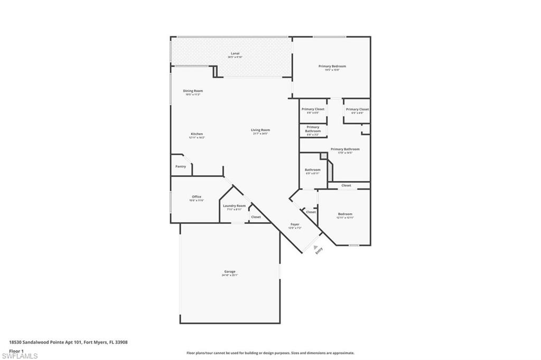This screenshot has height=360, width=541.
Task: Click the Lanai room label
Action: [235, 53]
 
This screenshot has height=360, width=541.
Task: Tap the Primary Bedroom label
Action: [332, 66]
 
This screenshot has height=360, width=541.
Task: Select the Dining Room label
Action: [193, 91]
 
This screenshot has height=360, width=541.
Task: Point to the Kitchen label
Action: [197, 134]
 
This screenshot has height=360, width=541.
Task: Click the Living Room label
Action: [261, 130]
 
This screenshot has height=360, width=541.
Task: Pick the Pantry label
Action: [181, 166]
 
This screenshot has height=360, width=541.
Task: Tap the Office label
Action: [197, 197]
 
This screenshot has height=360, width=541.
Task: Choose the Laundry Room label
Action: [234, 206]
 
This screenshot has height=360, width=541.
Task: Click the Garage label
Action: [230, 271]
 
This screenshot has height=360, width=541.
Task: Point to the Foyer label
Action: [295, 224]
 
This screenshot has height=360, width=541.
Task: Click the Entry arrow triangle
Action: [316, 247]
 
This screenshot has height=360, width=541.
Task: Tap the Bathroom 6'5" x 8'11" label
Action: [312, 170]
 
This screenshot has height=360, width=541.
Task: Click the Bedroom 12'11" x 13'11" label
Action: [345, 214]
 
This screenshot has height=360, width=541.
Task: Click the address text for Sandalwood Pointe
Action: [68, 342]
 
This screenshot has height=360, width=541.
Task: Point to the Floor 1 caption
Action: [17, 350]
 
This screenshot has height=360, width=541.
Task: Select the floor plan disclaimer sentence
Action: [270, 353]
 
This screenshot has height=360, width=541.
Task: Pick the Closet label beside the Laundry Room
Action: [256, 217]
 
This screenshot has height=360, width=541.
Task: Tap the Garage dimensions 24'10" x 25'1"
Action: [230, 275]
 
